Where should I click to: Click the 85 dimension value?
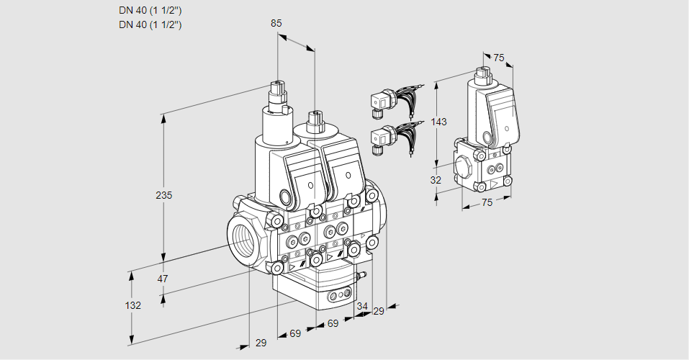click(x=276, y=23)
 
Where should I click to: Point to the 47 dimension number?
click(x=163, y=279)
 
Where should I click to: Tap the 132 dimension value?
click(x=132, y=305)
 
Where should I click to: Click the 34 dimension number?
click(x=361, y=306)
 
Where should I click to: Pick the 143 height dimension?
click(x=439, y=122)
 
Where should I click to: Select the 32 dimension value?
click(x=436, y=180)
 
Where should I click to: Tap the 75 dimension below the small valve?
click(x=487, y=203)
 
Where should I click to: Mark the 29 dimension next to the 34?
click(x=379, y=310)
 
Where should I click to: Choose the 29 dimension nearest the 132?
click(x=261, y=343)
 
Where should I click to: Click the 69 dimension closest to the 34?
click(x=333, y=324)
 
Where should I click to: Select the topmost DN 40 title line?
click(x=150, y=11)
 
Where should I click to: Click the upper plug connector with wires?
click(x=382, y=102)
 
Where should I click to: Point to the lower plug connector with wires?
click(x=382, y=138)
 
